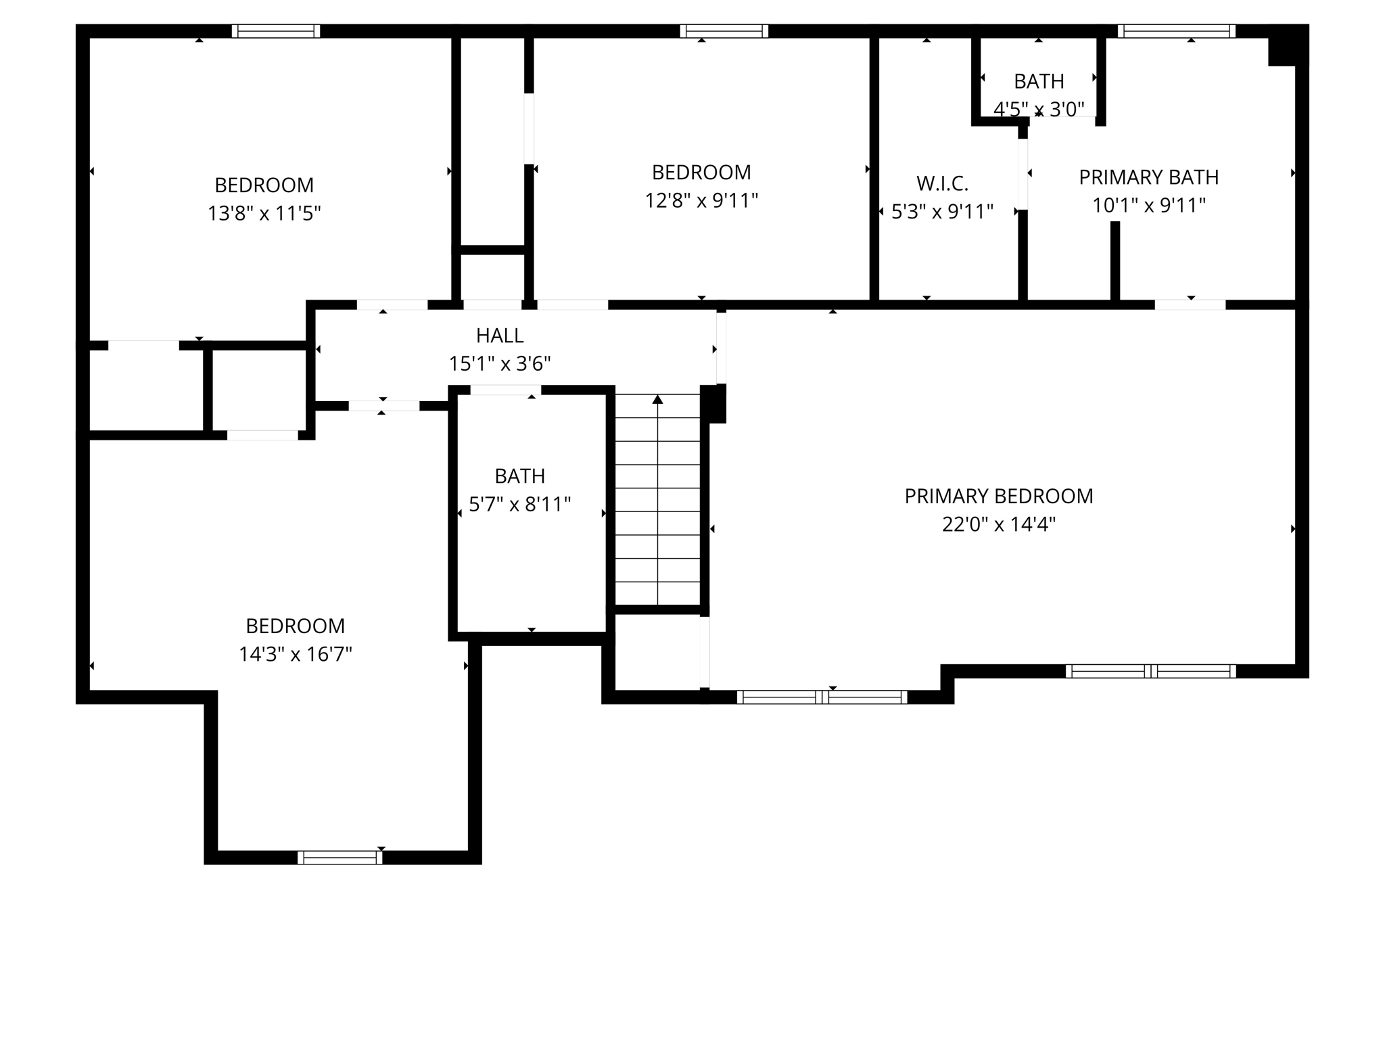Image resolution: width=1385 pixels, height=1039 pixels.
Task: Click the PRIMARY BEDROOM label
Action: point(998,496)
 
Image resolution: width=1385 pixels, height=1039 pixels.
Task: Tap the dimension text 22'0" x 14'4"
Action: point(998,524)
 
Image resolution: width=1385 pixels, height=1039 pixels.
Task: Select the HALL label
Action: point(499,336)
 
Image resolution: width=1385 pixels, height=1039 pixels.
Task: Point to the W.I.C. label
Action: point(942,183)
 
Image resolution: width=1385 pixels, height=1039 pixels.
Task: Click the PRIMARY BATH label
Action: point(1148,177)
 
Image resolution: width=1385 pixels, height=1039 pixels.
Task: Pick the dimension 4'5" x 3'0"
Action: point(1039,109)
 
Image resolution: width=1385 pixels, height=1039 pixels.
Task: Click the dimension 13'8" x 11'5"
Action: point(264,214)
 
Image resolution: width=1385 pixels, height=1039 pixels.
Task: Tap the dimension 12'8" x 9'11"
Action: point(701,201)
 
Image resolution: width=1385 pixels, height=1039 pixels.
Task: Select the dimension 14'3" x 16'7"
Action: point(295,654)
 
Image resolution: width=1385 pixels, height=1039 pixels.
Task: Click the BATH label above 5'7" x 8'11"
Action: point(519,476)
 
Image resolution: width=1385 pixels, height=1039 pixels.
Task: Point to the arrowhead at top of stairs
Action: point(657,400)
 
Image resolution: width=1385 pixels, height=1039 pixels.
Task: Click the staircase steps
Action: point(657,501)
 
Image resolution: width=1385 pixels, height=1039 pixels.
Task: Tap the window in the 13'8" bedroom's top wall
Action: point(276,31)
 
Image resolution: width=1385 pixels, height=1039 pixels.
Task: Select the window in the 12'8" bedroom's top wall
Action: point(724,31)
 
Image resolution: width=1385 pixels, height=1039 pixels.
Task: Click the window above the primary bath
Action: point(1176,31)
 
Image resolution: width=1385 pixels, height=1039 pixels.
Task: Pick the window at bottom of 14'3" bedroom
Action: point(339,857)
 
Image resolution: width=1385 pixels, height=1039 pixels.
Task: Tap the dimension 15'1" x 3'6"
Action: point(499,364)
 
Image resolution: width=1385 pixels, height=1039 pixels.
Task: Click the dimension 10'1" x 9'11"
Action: point(1148,206)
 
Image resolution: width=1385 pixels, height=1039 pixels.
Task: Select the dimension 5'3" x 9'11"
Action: point(942,212)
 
